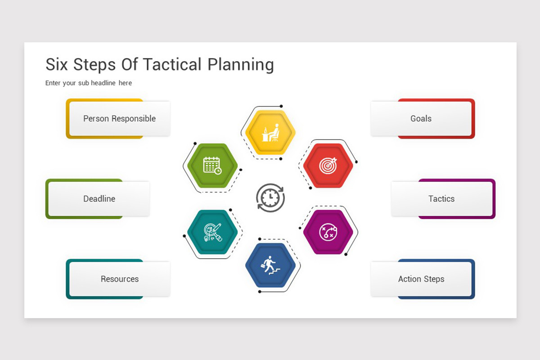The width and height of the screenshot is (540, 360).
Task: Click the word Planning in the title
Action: pyautogui.click(x=240, y=65)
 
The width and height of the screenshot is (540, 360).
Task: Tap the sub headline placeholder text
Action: pyautogui.click(x=89, y=83)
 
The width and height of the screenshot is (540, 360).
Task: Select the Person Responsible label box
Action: pyautogui.click(x=119, y=119)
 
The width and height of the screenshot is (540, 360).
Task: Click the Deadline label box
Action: pyautogui.click(x=99, y=199)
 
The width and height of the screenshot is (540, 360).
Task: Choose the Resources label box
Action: pyautogui.click(x=119, y=279)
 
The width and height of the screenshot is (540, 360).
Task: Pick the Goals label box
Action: pyautogui.click(x=421, y=119)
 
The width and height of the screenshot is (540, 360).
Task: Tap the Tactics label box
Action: pyautogui.click(x=441, y=199)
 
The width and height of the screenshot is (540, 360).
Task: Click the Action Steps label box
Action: pyautogui.click(x=421, y=279)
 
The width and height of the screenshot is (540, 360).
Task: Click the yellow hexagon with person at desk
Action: pyautogui.click(x=270, y=132)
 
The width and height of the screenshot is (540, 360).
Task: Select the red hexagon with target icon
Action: pyautogui.click(x=328, y=166)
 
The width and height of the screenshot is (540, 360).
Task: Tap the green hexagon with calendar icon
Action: pyautogui.click(x=212, y=166)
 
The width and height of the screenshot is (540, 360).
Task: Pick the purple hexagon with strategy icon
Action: pyautogui.click(x=328, y=232)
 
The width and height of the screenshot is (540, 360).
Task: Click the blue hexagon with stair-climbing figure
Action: pyautogui.click(x=270, y=265)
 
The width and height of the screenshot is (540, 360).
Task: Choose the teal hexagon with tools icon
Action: pyautogui.click(x=212, y=232)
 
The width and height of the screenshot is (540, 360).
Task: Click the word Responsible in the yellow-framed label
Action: pyautogui.click(x=134, y=119)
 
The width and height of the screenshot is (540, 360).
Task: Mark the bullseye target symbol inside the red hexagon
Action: pyautogui.click(x=328, y=166)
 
